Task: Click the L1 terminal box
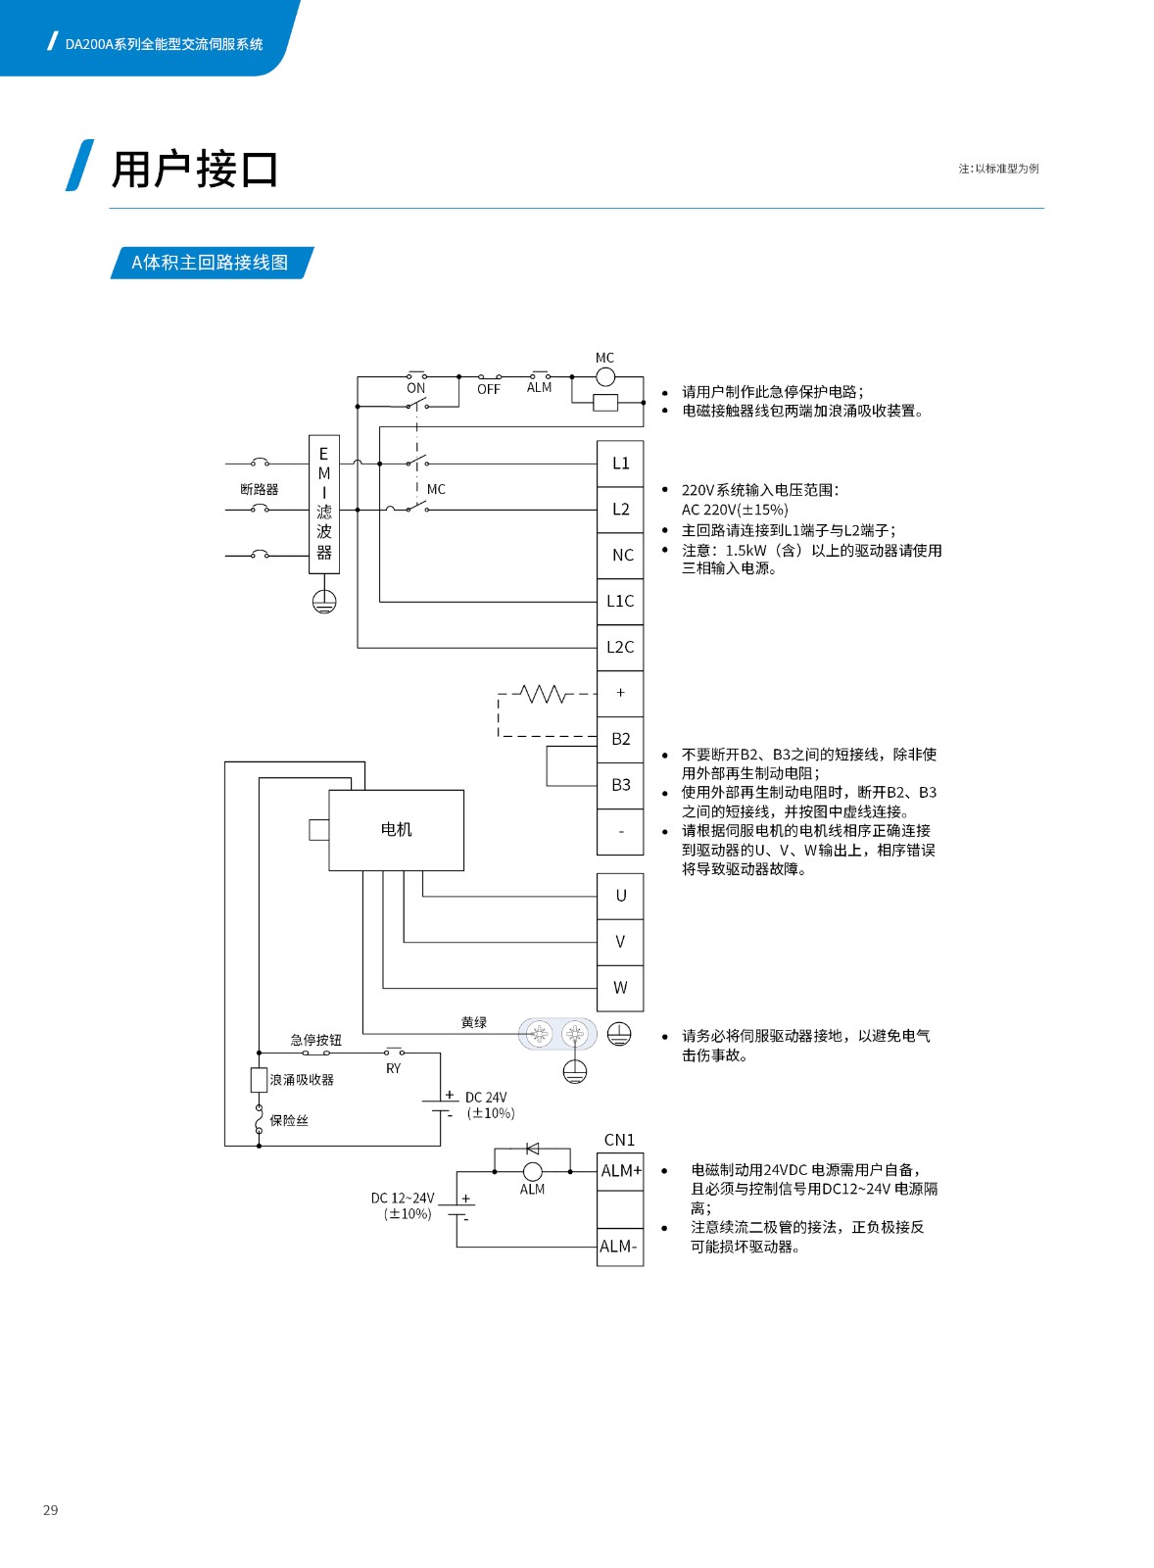coord(620,464)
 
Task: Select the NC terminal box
coord(620,556)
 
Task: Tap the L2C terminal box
coord(620,648)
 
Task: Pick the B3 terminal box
coord(620,785)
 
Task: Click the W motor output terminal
coord(620,988)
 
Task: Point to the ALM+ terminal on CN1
coord(620,1170)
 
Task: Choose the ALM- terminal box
coord(620,1247)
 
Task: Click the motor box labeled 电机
coord(396,830)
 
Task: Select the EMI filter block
coord(324,504)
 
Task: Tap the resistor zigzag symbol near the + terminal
coord(543,694)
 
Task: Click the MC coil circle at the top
coord(605,377)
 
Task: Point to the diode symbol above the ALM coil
coord(533,1149)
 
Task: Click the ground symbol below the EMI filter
coord(324,602)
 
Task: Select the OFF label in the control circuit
coord(489,389)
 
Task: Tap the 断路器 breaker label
coord(259,489)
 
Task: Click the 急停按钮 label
coord(315,1040)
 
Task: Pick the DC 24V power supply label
coord(486,1097)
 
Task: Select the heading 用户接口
coord(195,170)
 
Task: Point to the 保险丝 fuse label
coord(289,1121)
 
